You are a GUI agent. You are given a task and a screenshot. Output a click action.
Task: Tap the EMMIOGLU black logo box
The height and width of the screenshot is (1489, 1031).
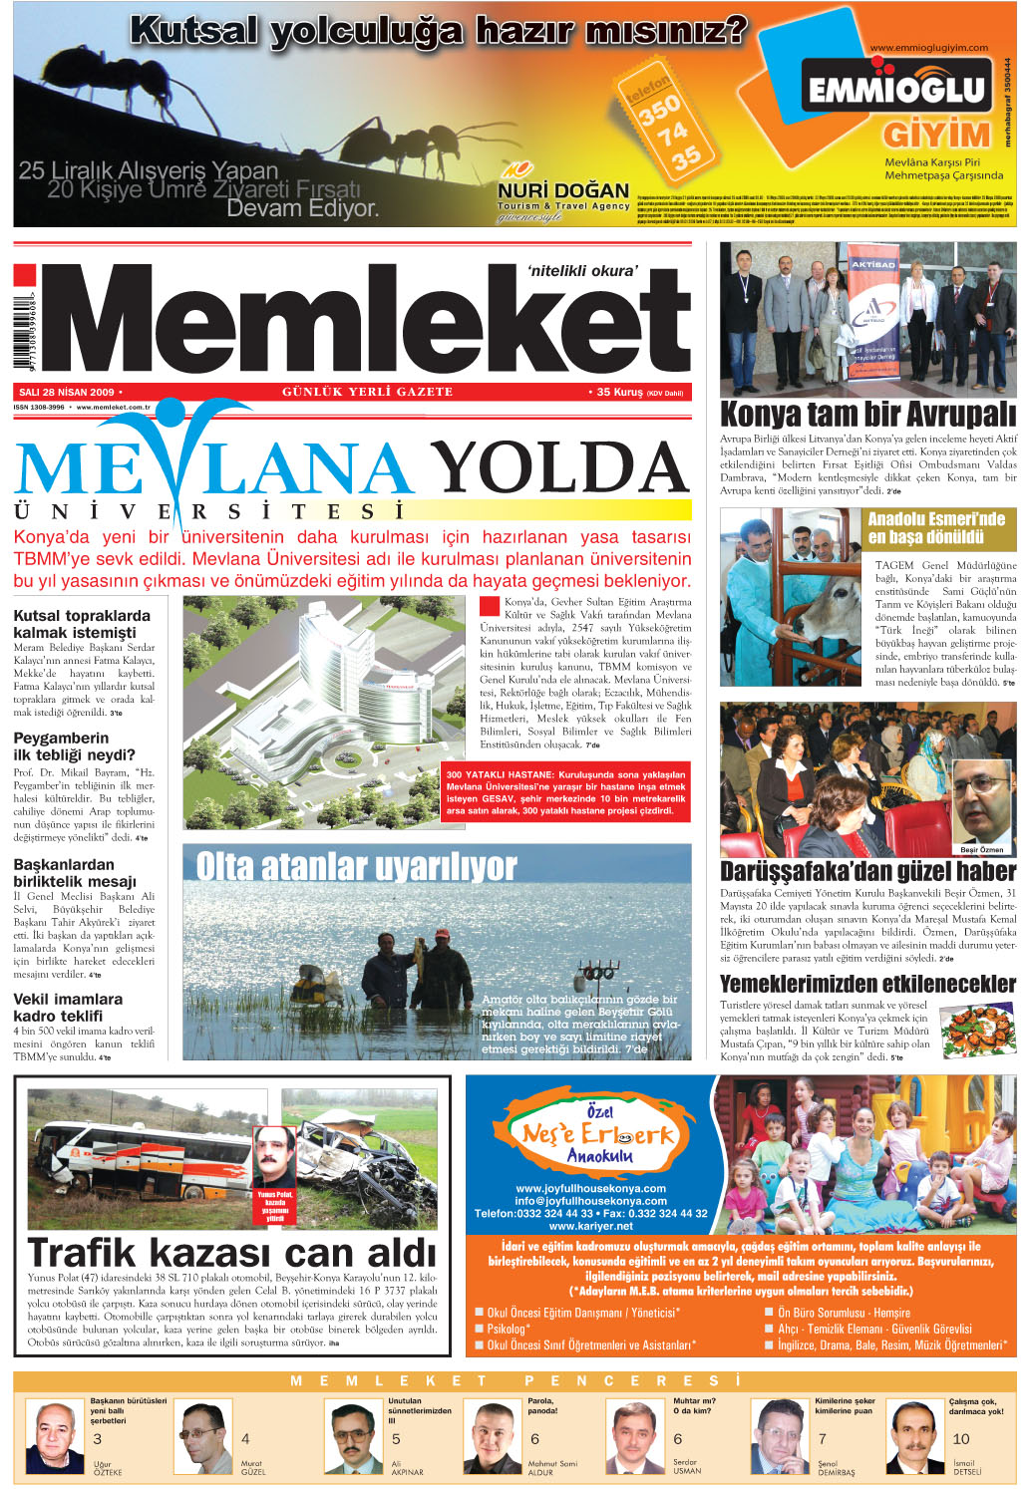tap(896, 92)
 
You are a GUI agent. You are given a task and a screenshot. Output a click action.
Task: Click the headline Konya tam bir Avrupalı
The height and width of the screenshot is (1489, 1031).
tap(867, 415)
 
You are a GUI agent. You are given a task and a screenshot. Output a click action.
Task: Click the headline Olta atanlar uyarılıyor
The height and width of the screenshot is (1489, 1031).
tap(356, 867)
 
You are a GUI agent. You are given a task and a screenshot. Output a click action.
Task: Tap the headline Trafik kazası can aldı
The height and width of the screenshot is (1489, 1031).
tap(232, 1252)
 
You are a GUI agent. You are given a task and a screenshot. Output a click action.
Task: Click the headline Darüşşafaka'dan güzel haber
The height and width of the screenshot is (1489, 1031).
tap(867, 871)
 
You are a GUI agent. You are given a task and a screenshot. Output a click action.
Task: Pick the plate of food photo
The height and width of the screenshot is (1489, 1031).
tap(976, 1030)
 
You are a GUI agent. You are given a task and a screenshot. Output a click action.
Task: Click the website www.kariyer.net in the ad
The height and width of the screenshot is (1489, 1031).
tap(590, 1226)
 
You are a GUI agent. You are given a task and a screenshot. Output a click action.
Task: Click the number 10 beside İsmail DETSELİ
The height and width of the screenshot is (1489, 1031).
tap(960, 1438)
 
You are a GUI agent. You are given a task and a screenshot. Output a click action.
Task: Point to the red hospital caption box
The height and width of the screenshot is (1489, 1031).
tap(565, 792)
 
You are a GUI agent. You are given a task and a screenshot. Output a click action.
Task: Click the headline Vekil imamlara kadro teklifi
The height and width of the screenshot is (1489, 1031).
tap(68, 1007)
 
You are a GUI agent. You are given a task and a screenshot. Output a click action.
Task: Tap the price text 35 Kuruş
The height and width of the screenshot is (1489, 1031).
tap(620, 393)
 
